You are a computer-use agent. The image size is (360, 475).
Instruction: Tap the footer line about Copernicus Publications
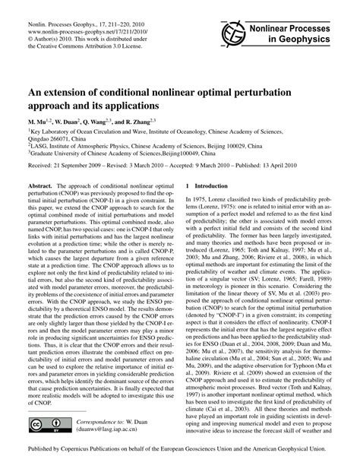click(x=180, y=461)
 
